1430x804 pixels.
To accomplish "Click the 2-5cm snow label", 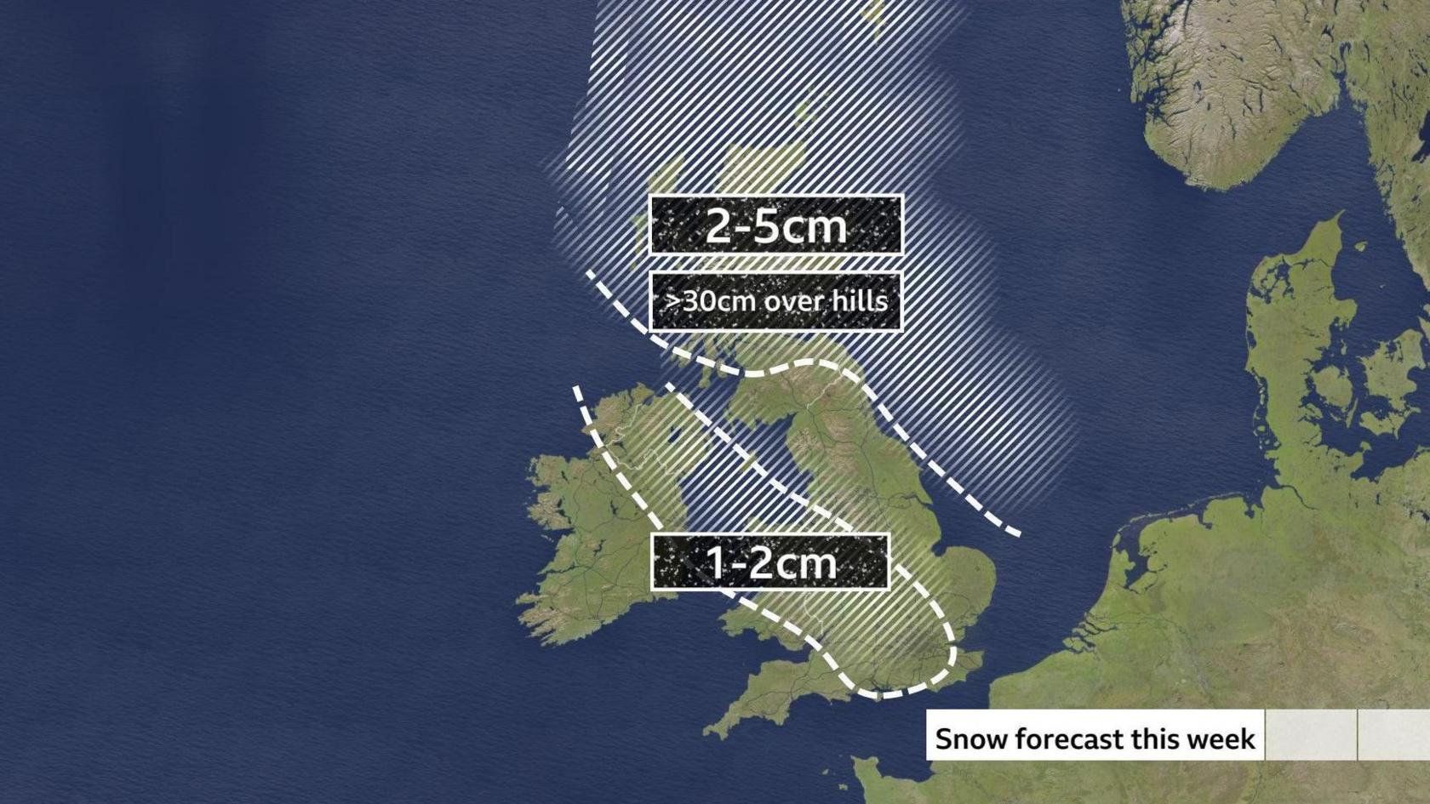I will [775, 225].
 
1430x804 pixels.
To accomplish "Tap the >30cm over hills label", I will [775, 301].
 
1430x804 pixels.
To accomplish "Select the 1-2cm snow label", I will [770, 562].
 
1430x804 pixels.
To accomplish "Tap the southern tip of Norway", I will [1209, 174].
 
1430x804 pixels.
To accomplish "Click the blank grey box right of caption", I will [1311, 734].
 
